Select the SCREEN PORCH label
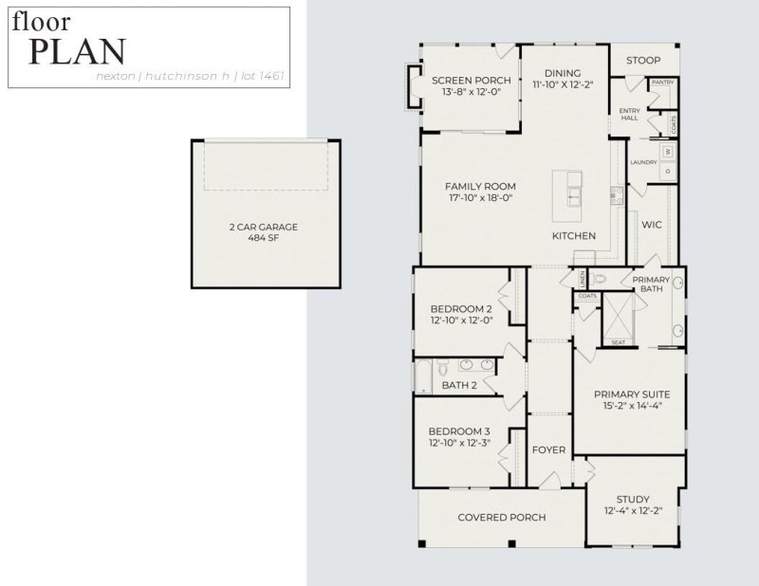click(x=472, y=80)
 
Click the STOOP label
click(x=642, y=61)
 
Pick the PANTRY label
click(x=662, y=82)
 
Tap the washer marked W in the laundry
click(x=668, y=151)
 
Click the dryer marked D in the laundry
click(x=668, y=171)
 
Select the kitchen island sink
click(x=575, y=196)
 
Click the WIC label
click(x=651, y=225)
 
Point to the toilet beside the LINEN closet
click(x=597, y=280)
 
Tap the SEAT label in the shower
click(x=618, y=342)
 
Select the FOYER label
click(x=548, y=449)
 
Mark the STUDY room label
click(x=632, y=499)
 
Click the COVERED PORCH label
click(x=502, y=518)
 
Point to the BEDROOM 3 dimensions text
click(x=460, y=442)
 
